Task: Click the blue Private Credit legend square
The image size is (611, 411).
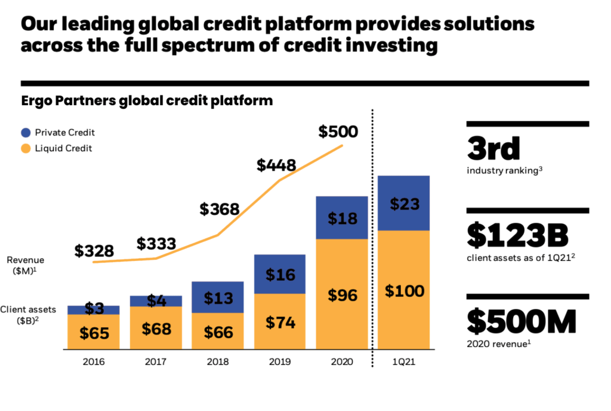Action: pyautogui.click(x=26, y=133)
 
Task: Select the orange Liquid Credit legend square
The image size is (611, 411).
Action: pyautogui.click(x=26, y=148)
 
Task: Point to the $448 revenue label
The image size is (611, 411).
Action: pyautogui.click(x=276, y=165)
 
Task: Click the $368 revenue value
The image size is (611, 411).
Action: pyautogui.click(x=219, y=209)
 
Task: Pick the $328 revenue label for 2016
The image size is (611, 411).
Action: pyautogui.click(x=94, y=251)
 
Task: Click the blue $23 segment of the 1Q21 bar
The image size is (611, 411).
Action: pyautogui.click(x=404, y=204)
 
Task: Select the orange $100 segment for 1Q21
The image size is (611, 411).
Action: pyautogui.click(x=404, y=292)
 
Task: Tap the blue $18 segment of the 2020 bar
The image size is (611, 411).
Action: pyautogui.click(x=342, y=217)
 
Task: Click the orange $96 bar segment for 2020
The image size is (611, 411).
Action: pyautogui.click(x=342, y=295)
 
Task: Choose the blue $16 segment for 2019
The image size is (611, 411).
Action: pyautogui.click(x=280, y=274)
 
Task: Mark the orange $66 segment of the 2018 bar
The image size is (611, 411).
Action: pyautogui.click(x=218, y=332)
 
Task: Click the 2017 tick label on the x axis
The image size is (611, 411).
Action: pyautogui.click(x=156, y=362)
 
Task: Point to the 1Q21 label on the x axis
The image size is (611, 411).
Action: pyautogui.click(x=404, y=362)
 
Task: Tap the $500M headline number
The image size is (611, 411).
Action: pyautogui.click(x=521, y=323)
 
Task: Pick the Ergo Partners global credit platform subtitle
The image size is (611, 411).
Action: pyautogui.click(x=147, y=100)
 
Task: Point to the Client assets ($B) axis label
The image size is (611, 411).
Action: pyautogui.click(x=29, y=314)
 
